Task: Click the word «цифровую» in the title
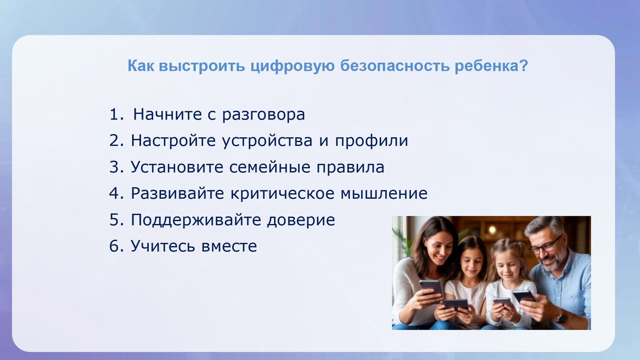pyautogui.click(x=293, y=66)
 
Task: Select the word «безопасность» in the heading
pyautogui.click(x=395, y=65)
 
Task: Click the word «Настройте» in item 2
pyautogui.click(x=173, y=141)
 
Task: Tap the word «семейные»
pyautogui.click(x=270, y=167)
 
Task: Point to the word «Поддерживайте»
pyautogui.click(x=196, y=220)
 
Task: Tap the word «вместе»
pyautogui.click(x=229, y=247)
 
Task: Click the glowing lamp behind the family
pyautogui.click(x=492, y=229)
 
